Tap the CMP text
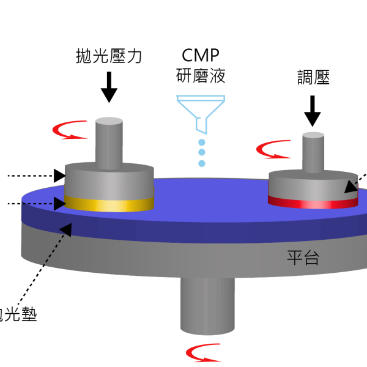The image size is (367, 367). pos(199,57)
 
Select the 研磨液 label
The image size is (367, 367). pos(199,76)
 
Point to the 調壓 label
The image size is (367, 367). pos(313,78)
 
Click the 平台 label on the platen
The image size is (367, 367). pos(304,257)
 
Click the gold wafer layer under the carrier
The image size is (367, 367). pos(109,204)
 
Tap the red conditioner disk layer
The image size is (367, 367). pos(313,202)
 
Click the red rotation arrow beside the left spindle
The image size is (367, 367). pos(69,130)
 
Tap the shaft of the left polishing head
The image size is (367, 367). pos(109,142)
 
